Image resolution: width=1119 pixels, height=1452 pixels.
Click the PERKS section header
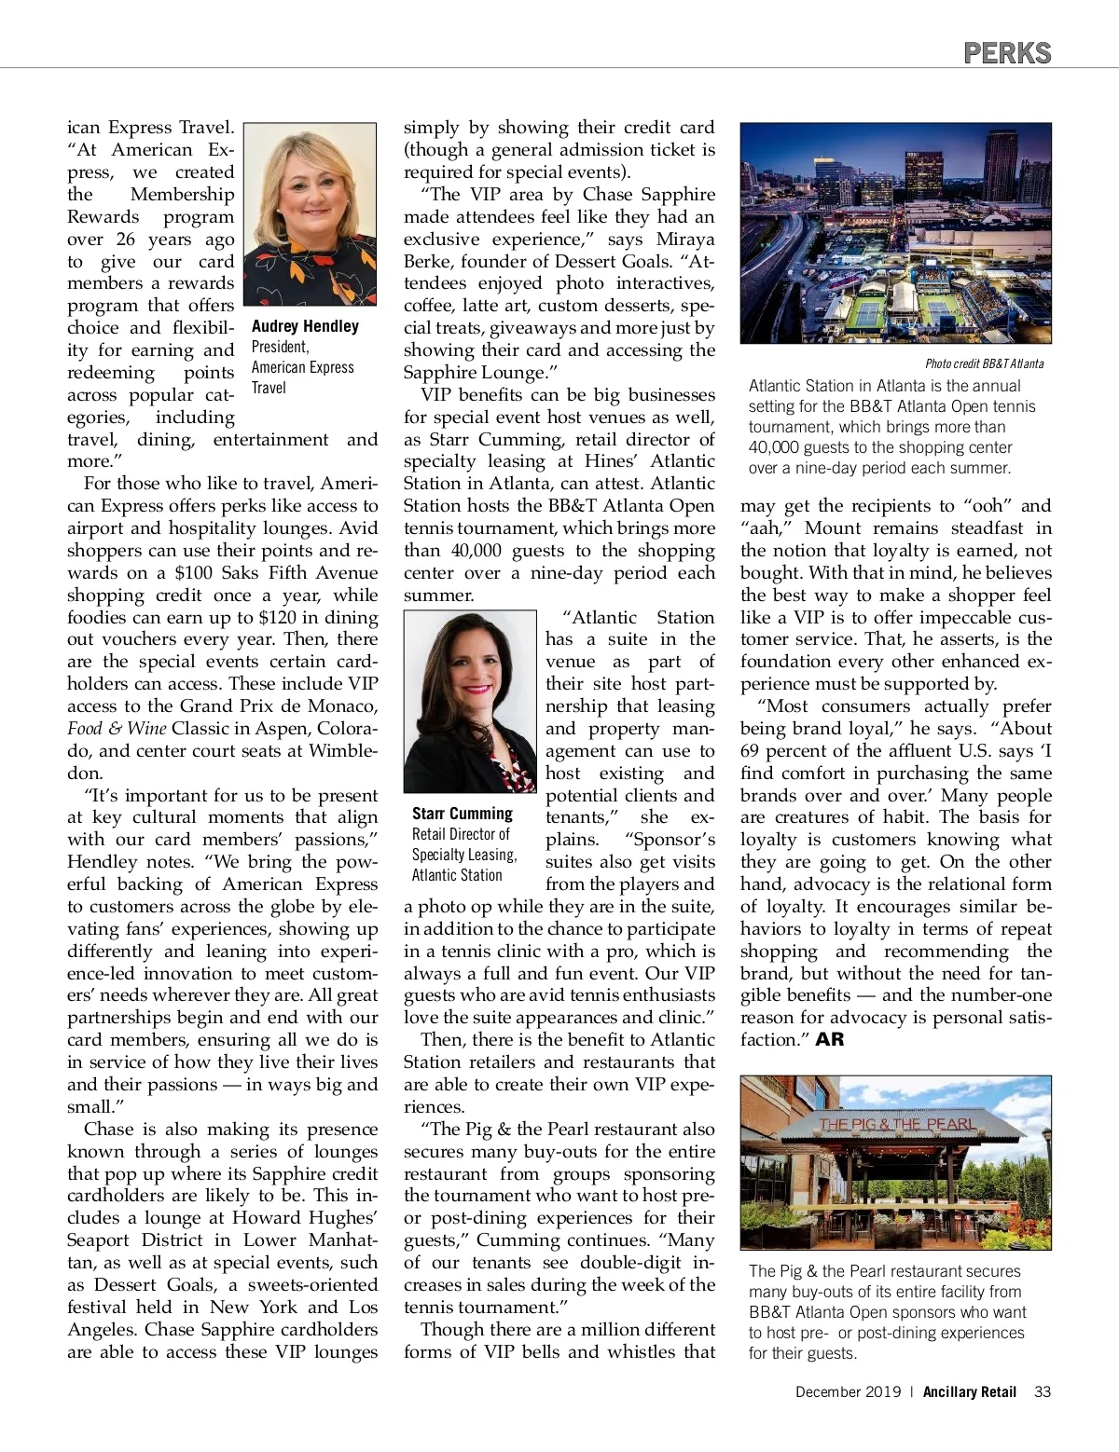pyautogui.click(x=1007, y=53)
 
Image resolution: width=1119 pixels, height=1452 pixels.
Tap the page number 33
pyautogui.click(x=1043, y=1391)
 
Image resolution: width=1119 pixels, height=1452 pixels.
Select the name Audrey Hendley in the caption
pyautogui.click(x=305, y=326)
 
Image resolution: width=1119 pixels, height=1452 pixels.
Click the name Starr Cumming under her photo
pyautogui.click(x=463, y=814)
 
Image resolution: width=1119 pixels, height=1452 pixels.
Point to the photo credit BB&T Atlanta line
pyautogui.click(x=984, y=363)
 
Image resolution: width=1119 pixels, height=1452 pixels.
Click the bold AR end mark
pyautogui.click(x=829, y=1039)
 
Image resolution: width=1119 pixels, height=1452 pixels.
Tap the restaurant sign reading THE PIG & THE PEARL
pyautogui.click(x=897, y=1124)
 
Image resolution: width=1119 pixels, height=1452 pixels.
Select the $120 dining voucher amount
pyautogui.click(x=279, y=617)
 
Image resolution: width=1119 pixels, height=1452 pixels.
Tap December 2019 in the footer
pyautogui.click(x=848, y=1391)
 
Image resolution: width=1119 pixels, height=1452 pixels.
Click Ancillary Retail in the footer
pyautogui.click(x=970, y=1391)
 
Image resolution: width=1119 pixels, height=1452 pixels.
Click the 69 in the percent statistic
pyautogui.click(x=752, y=751)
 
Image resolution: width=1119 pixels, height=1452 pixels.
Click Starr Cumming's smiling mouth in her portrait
pyautogui.click(x=476, y=690)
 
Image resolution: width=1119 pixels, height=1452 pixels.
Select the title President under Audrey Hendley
pyautogui.click(x=280, y=347)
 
